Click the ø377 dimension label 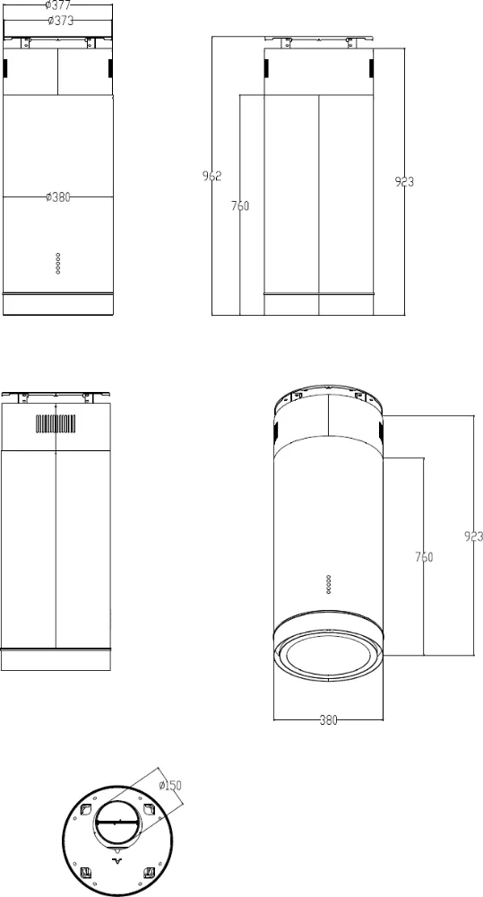(57, 5)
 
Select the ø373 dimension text (59, 20)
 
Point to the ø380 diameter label (57, 197)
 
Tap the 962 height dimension (211, 176)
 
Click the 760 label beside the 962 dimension (240, 206)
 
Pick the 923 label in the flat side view (404, 182)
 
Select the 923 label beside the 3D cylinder (474, 536)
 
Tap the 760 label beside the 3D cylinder (424, 557)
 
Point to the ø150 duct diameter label (169, 786)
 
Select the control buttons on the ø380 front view (58, 261)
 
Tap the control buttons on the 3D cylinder (329, 583)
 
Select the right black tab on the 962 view (373, 68)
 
